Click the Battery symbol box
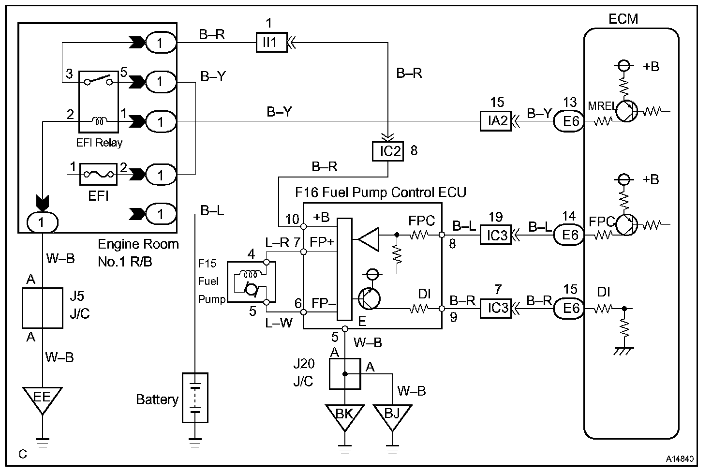coord(195,398)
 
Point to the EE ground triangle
coord(42,398)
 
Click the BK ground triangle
coord(344,416)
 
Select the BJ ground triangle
coord(393,416)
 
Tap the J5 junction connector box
coord(43,308)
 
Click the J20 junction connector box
coord(345,373)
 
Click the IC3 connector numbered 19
coord(496,235)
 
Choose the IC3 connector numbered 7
coord(496,308)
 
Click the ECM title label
coord(623,19)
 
